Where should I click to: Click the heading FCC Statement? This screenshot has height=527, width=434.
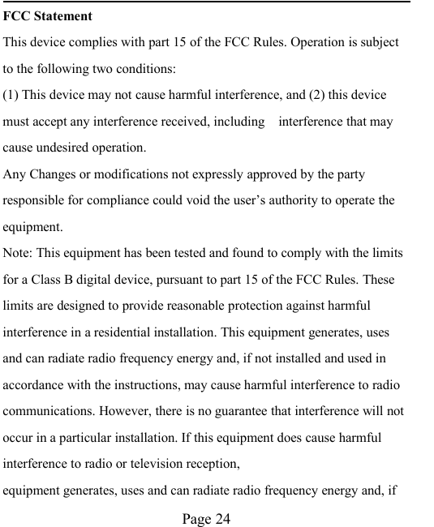click(48, 16)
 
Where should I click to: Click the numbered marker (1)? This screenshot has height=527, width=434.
click(11, 96)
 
